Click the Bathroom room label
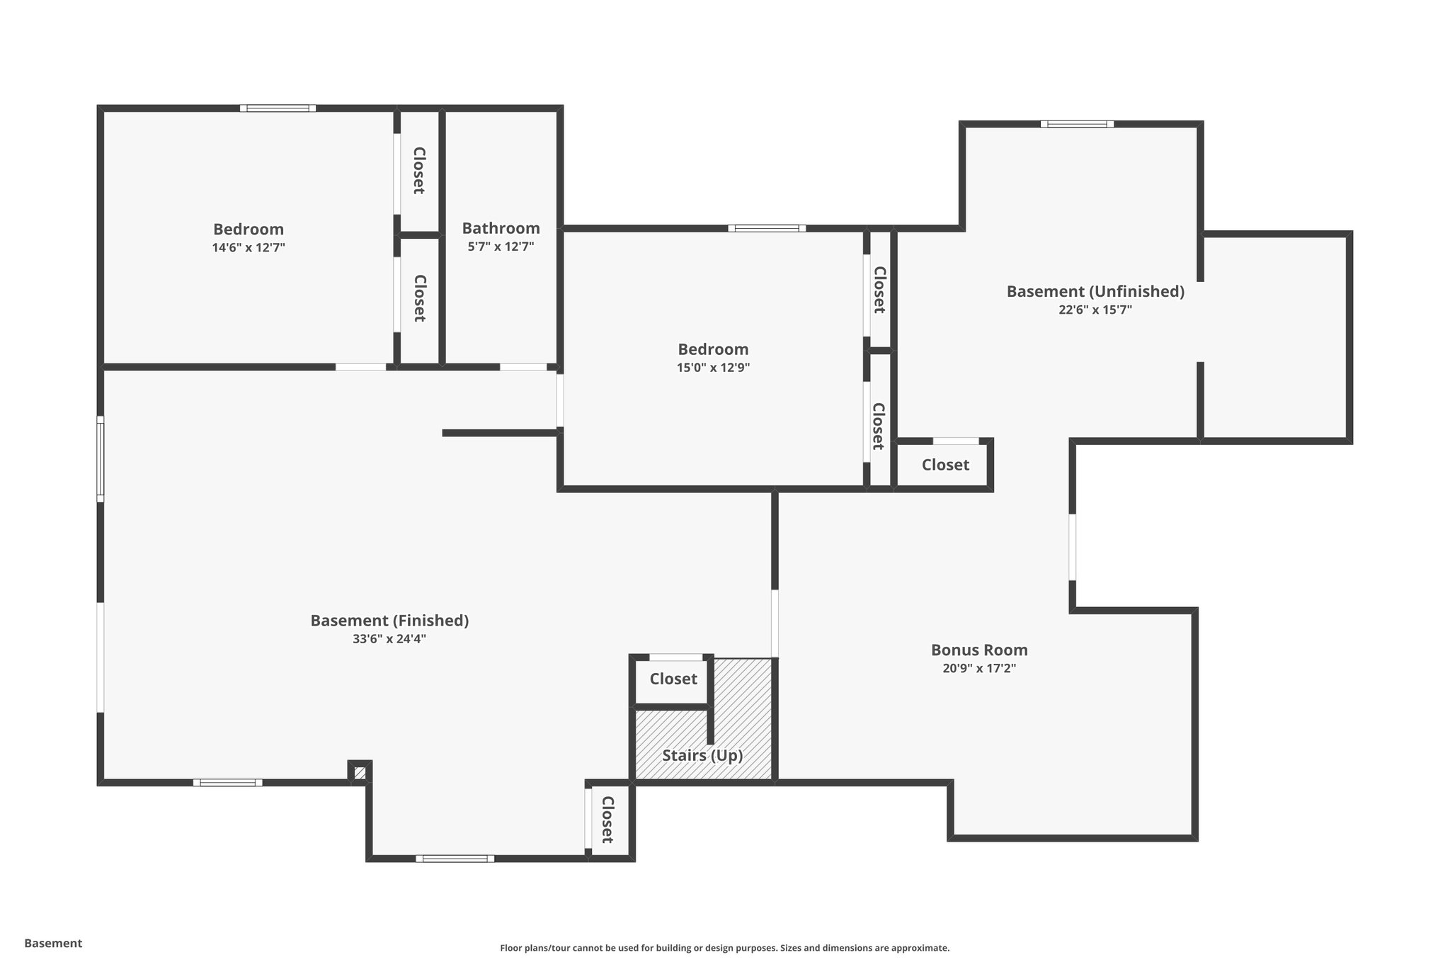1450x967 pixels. point(501,228)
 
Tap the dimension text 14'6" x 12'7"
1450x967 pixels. point(249,248)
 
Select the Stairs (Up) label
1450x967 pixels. point(702,755)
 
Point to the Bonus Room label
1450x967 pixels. point(979,650)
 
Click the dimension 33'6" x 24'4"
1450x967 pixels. point(389,639)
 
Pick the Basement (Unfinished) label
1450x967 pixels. point(1095,291)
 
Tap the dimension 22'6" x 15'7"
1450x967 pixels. point(1095,310)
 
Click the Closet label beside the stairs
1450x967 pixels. point(673,679)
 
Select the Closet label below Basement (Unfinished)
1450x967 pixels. point(945,465)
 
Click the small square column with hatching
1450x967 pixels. point(360,771)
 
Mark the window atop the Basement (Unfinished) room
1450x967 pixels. point(1077,124)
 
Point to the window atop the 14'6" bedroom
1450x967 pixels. point(278,108)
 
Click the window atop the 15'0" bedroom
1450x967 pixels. point(767,228)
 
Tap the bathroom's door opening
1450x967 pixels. point(523,367)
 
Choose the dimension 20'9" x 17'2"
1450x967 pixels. point(979,668)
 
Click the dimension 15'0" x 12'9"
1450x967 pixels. point(713,368)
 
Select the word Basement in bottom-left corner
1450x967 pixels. point(53,943)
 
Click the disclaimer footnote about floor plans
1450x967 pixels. point(724,948)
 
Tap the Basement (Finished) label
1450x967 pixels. point(389,621)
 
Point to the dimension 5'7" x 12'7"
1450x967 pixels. point(501,247)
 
